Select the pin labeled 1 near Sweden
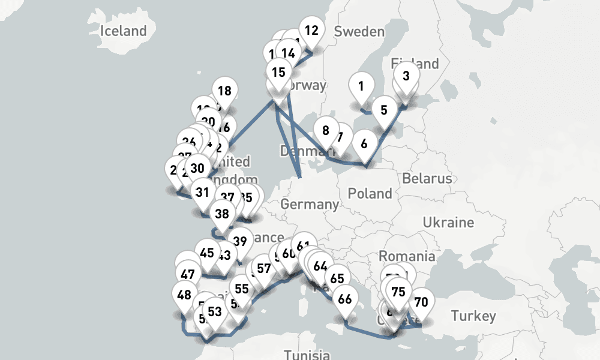361,86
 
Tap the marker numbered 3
406,76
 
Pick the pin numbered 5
384,110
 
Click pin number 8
326,130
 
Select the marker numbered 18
224,91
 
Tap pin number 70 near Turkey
421,302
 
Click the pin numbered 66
345,299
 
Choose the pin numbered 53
215,312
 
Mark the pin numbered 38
222,214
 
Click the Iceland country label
124,31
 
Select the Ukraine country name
448,223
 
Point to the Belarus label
427,178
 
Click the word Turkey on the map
474,316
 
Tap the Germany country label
310,204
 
